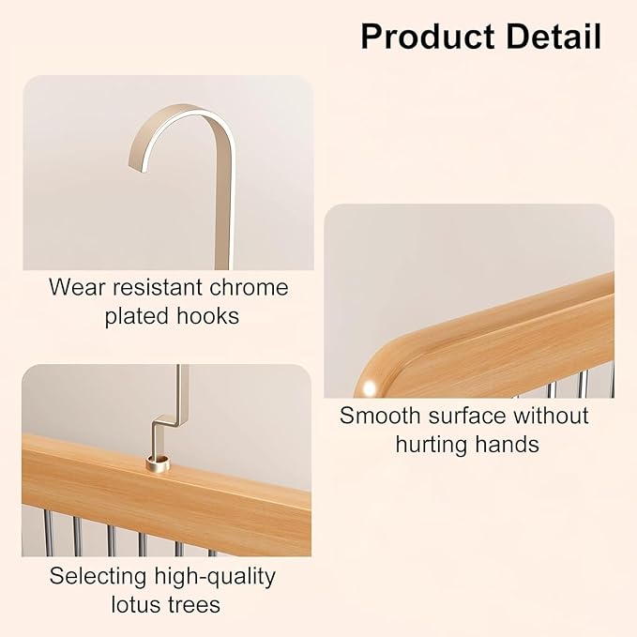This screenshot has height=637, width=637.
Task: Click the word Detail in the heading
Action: [554, 37]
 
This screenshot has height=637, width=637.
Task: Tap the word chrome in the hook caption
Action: [249, 287]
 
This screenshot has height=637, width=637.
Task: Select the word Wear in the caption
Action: [77, 287]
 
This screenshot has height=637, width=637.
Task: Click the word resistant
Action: [158, 287]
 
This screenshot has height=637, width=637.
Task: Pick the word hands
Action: [507, 444]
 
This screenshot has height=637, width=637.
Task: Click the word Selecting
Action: [98, 576]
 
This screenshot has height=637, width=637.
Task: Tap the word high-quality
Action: [215, 576]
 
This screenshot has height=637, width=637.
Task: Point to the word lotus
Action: [133, 604]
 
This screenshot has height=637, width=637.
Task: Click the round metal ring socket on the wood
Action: [158, 463]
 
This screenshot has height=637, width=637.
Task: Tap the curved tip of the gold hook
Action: [137, 166]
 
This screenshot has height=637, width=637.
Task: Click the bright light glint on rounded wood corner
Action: [370, 387]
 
